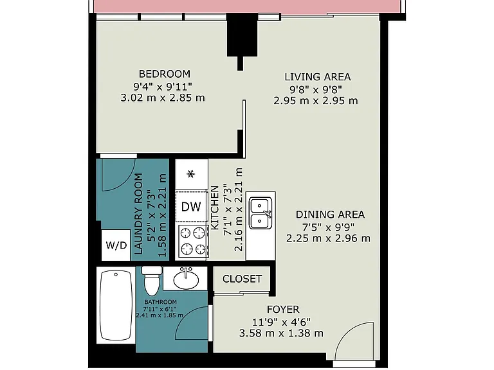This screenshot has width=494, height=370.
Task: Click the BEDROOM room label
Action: (x=165, y=74)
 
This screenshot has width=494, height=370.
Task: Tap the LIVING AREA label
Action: (x=318, y=77)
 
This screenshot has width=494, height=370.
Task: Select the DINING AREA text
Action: (x=330, y=215)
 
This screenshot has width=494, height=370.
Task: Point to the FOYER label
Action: (x=283, y=310)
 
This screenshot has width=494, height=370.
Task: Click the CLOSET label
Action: (x=242, y=279)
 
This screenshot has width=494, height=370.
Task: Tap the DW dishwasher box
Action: (x=191, y=207)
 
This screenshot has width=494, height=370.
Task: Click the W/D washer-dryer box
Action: (x=116, y=245)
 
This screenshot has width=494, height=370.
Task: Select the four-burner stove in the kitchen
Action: (x=193, y=242)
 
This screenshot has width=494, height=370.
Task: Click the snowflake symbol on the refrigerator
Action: (x=190, y=173)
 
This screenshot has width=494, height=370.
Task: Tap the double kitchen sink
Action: (x=261, y=213)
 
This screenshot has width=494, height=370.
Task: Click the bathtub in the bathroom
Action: (x=116, y=306)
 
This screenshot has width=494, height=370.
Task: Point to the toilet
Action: (x=152, y=280)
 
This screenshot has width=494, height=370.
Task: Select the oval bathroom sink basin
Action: (x=186, y=279)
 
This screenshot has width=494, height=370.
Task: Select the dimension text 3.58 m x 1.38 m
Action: (x=281, y=333)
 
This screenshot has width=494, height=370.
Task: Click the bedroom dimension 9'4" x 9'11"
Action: (x=163, y=86)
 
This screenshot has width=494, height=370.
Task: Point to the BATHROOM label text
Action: (x=160, y=302)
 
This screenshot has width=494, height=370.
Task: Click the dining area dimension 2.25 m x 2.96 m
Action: (x=328, y=238)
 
